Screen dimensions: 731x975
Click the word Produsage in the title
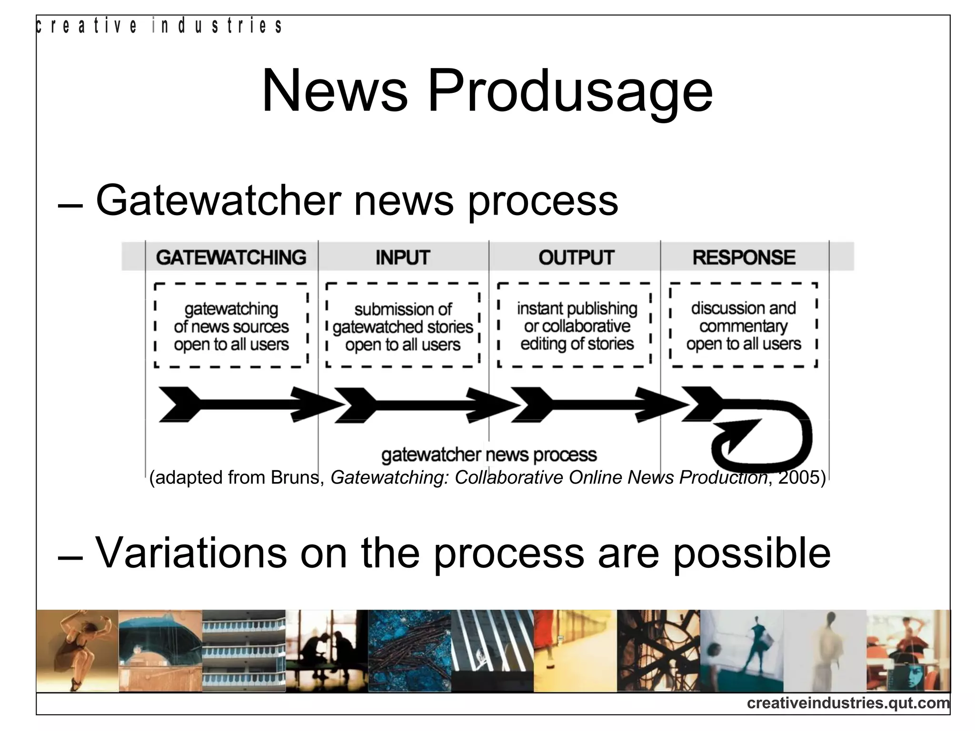570,91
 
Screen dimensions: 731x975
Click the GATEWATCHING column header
231,257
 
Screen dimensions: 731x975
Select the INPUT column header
403,257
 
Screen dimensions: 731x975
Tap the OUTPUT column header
576,257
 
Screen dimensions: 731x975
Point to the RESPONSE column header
744,257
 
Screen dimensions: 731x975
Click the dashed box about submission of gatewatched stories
403,326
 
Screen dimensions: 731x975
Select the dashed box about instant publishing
575,326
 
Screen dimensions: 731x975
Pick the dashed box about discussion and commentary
744,326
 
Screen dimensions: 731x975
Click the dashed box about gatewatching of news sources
231,326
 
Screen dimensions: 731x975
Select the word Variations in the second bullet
191,553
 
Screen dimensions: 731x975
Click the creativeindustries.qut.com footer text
848,703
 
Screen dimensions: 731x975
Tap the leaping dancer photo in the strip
77,651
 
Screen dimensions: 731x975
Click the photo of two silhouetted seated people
327,651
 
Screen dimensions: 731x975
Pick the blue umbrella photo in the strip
160,651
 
